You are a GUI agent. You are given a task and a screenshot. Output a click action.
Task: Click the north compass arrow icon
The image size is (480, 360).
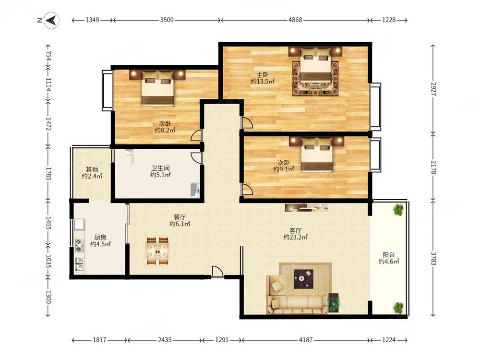coord(51,20)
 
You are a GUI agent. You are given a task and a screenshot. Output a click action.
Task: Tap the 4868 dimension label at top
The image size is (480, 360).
coord(295,20)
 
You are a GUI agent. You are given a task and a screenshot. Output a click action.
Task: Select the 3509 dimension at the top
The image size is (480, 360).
coord(167,20)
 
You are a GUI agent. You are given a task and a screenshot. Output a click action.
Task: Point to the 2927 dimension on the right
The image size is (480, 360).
coord(433,89)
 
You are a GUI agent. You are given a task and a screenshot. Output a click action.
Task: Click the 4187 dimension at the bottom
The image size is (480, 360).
coord(305,340)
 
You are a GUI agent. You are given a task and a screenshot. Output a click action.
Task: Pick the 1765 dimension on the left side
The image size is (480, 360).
coord(48,173)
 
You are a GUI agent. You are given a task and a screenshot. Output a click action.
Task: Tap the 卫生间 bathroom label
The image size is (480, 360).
coord(160,168)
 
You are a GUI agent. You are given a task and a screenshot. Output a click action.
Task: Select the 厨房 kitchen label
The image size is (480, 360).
coord(100,237)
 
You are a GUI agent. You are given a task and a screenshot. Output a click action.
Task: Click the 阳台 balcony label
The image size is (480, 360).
coord(389,254)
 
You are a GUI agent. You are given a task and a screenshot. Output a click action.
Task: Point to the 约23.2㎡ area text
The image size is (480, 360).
coord(295,237)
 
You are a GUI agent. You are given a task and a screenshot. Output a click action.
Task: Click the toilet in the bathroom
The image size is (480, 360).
coord(130,157)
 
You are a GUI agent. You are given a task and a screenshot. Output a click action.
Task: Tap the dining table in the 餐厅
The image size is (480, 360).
coord(157,251)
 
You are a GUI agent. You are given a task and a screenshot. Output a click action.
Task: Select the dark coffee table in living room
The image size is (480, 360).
coord(303,279)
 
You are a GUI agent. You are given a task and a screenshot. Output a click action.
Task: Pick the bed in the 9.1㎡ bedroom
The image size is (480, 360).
coord(316,154)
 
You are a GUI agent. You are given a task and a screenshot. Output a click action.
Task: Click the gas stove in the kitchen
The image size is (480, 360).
coord(79,245)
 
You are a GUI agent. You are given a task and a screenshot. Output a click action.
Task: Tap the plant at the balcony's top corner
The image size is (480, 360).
coord(398,210)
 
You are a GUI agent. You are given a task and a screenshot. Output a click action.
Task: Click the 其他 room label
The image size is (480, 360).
coord(92,169)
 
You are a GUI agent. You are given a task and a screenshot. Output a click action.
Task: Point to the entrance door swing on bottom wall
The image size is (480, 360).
coord(217,272)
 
